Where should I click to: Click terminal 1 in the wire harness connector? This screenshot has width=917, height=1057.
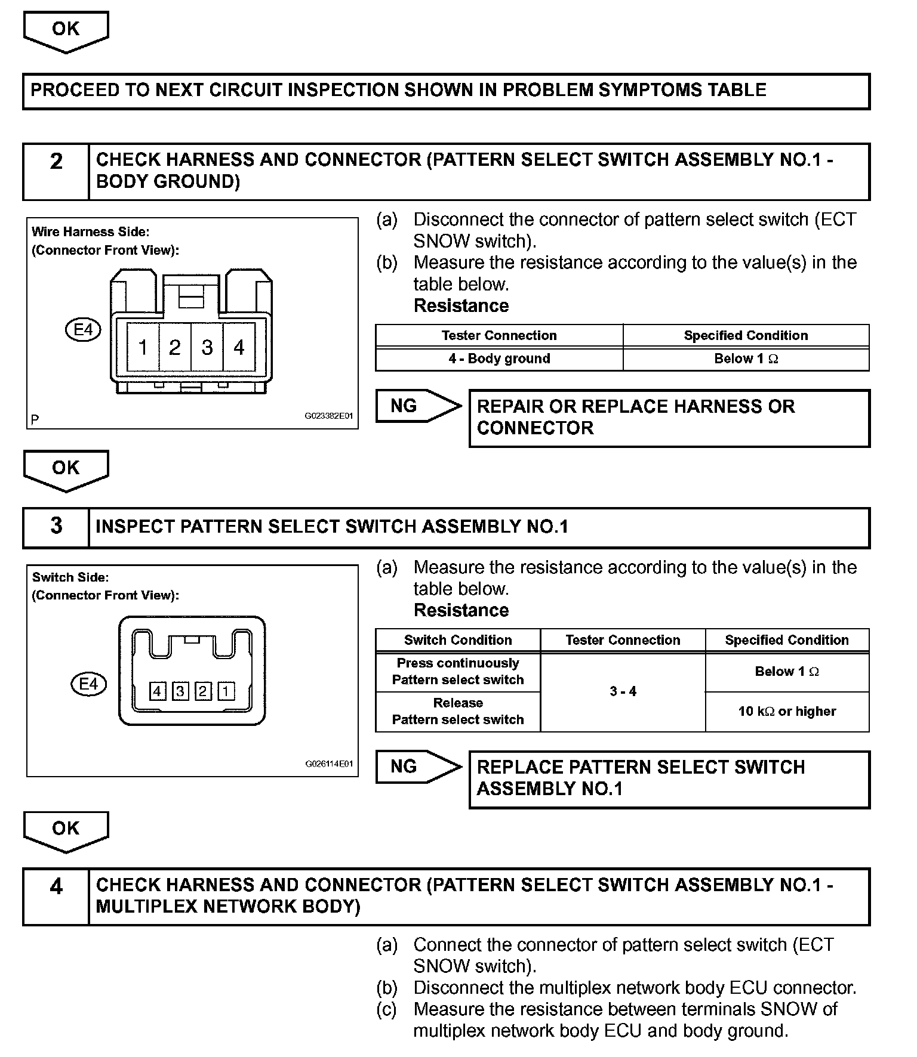point(143,347)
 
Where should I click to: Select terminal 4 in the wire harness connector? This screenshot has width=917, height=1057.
point(239,347)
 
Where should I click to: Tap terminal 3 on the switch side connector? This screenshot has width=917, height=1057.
point(180,691)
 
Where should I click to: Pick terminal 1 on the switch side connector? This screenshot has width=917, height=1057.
point(226,691)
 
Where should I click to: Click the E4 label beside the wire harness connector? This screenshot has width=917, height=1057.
point(83,329)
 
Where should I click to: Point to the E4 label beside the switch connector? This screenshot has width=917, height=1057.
point(88,684)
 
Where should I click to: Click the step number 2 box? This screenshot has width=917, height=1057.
point(56,171)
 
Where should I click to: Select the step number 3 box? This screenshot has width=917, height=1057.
point(56,527)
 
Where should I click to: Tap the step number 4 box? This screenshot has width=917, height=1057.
point(56,896)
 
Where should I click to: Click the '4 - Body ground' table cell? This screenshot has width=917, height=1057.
point(499,358)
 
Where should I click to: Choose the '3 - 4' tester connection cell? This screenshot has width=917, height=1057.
point(623,691)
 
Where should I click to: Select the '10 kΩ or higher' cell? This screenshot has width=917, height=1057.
point(787,711)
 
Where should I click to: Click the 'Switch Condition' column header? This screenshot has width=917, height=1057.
point(458,640)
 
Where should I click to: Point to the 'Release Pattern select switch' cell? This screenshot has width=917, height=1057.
point(458,711)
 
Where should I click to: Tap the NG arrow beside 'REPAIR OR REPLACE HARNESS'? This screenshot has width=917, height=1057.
point(418,406)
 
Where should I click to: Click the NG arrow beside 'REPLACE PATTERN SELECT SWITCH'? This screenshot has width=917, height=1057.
point(418,767)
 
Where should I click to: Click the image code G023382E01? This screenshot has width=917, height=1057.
point(329,416)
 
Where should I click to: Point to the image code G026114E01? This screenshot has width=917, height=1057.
point(329,764)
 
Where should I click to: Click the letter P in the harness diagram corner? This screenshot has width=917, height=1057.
point(35,419)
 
